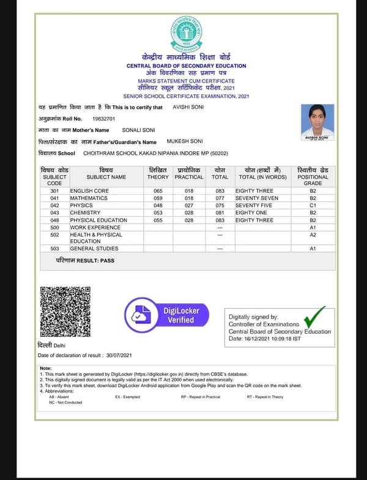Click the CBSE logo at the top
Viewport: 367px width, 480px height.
coord(186,33)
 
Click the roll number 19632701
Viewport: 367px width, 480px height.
coord(103,119)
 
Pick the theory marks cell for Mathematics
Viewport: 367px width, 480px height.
coord(158,198)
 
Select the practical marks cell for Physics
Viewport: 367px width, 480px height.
coord(189,206)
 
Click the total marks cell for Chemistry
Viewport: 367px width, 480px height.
coord(220,213)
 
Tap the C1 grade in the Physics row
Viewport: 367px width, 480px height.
coord(313,206)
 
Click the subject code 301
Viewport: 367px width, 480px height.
coord(54,191)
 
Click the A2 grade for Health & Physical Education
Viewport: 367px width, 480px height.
coord(313,234)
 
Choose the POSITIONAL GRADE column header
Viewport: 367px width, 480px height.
coord(313,176)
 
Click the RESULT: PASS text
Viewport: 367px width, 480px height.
coord(85,260)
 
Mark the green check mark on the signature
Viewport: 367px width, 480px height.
coord(314,317)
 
